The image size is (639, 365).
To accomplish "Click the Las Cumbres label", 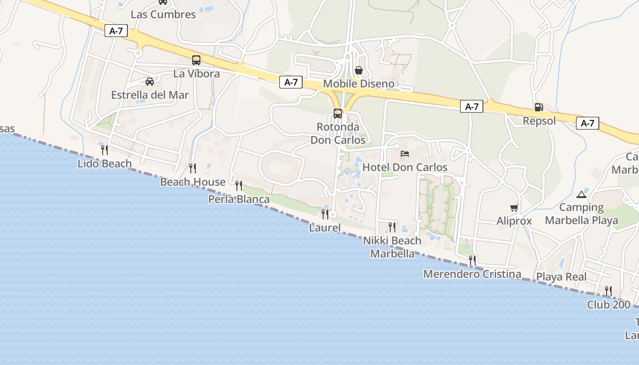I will coord(163,14).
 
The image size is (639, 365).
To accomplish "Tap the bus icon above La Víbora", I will coord(196,60).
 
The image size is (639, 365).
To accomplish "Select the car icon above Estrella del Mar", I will coord(149,82).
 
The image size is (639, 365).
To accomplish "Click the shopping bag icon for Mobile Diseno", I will coord(359,70).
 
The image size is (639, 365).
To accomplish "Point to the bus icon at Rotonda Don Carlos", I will coord(338,113).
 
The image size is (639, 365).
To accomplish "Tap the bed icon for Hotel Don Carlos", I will coord(405,154).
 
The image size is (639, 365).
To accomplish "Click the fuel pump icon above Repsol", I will coord(539,107).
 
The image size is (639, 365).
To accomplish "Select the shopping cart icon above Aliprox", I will coord(514,208).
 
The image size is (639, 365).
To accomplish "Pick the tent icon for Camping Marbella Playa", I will coord(581,194).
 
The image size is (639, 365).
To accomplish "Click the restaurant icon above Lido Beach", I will coord(105,150).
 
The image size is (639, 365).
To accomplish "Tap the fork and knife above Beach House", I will coord(193,168).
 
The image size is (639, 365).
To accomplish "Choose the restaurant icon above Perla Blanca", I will coord(239,185).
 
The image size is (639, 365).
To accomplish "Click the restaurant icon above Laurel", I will coord(325,214).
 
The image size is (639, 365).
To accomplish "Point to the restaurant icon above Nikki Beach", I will coord(392,227).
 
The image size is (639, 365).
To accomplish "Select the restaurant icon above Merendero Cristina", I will coord(472,260).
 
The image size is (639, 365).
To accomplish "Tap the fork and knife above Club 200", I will coord(608,291).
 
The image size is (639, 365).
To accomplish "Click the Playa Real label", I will coord(561,277).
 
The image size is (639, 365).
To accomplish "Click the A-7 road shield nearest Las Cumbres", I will coord(116,31).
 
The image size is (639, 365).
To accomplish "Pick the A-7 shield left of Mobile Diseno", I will coord(291,82).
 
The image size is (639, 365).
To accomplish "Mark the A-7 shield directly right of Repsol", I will coord(587,123).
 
